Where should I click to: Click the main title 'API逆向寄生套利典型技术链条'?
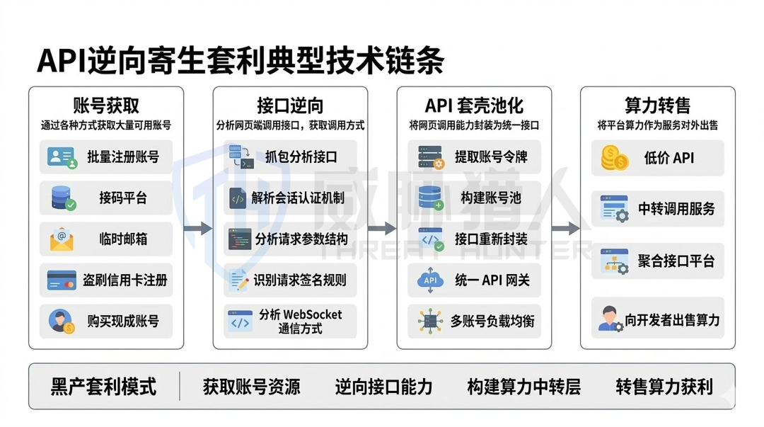point(241,61)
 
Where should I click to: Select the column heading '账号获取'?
point(106,106)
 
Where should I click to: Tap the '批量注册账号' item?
point(106,157)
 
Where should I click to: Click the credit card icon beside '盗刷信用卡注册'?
point(62,280)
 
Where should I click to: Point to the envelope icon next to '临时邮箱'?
point(62,239)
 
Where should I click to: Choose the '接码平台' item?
point(106,198)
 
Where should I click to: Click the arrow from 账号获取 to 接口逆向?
point(198,229)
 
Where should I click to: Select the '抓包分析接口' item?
point(290,157)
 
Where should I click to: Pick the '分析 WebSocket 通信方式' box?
point(290,321)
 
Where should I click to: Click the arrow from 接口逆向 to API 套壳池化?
point(382,229)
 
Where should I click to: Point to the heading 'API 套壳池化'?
point(474,106)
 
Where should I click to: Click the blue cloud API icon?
point(430,280)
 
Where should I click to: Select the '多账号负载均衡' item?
point(474,321)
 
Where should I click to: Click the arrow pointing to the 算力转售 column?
point(566,229)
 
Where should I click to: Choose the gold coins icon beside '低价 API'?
point(614,158)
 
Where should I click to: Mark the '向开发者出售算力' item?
point(658,320)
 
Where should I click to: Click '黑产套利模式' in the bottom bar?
point(103,387)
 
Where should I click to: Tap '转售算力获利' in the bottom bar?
point(664,387)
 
